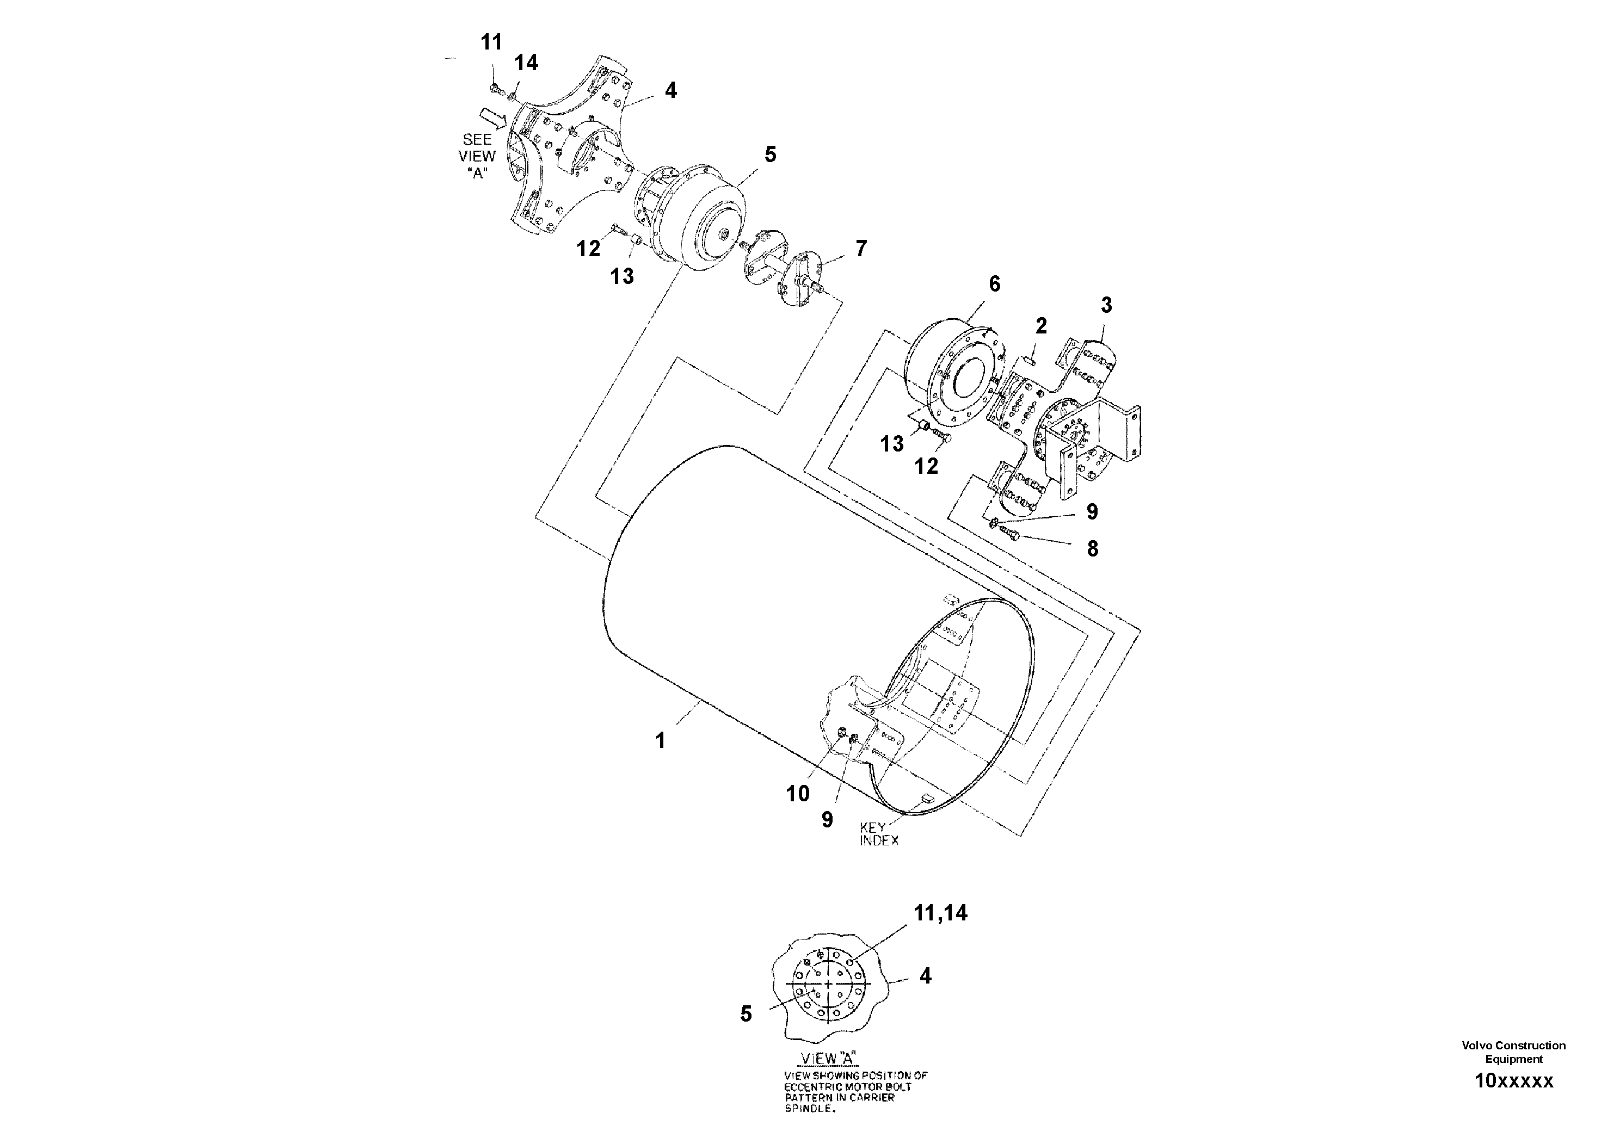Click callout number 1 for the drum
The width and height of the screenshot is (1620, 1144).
(x=661, y=740)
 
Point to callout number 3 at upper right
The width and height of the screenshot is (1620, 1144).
(x=1106, y=305)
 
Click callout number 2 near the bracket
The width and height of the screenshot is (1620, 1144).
(x=1042, y=326)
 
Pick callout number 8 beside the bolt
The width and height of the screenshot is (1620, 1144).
(x=1092, y=549)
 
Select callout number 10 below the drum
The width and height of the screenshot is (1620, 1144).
(x=798, y=794)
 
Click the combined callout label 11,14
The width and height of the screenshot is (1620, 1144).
(x=940, y=913)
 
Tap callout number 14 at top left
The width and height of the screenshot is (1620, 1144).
(x=526, y=63)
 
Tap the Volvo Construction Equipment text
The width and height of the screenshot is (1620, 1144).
(x=1513, y=1052)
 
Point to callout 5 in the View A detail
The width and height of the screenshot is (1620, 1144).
(x=746, y=1014)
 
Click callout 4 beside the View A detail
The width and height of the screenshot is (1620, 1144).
(x=925, y=976)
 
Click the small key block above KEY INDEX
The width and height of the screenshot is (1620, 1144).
(x=926, y=799)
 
